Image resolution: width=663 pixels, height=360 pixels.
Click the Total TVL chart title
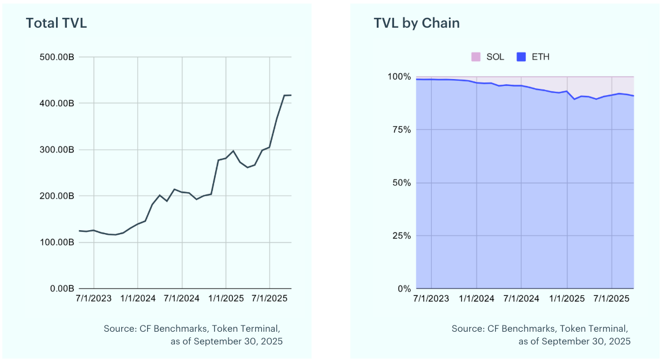point(57,24)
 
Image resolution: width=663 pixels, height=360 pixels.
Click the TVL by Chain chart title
point(417,23)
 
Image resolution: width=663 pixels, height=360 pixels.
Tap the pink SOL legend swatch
point(476,57)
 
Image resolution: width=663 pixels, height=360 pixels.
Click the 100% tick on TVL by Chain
point(399,77)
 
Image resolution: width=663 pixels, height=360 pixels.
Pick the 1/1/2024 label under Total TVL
point(138,299)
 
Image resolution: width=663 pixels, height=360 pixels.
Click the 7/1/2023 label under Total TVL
point(94,299)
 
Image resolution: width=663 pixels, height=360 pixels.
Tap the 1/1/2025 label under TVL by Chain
point(567,299)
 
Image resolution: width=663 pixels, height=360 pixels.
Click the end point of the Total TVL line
point(291,95)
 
